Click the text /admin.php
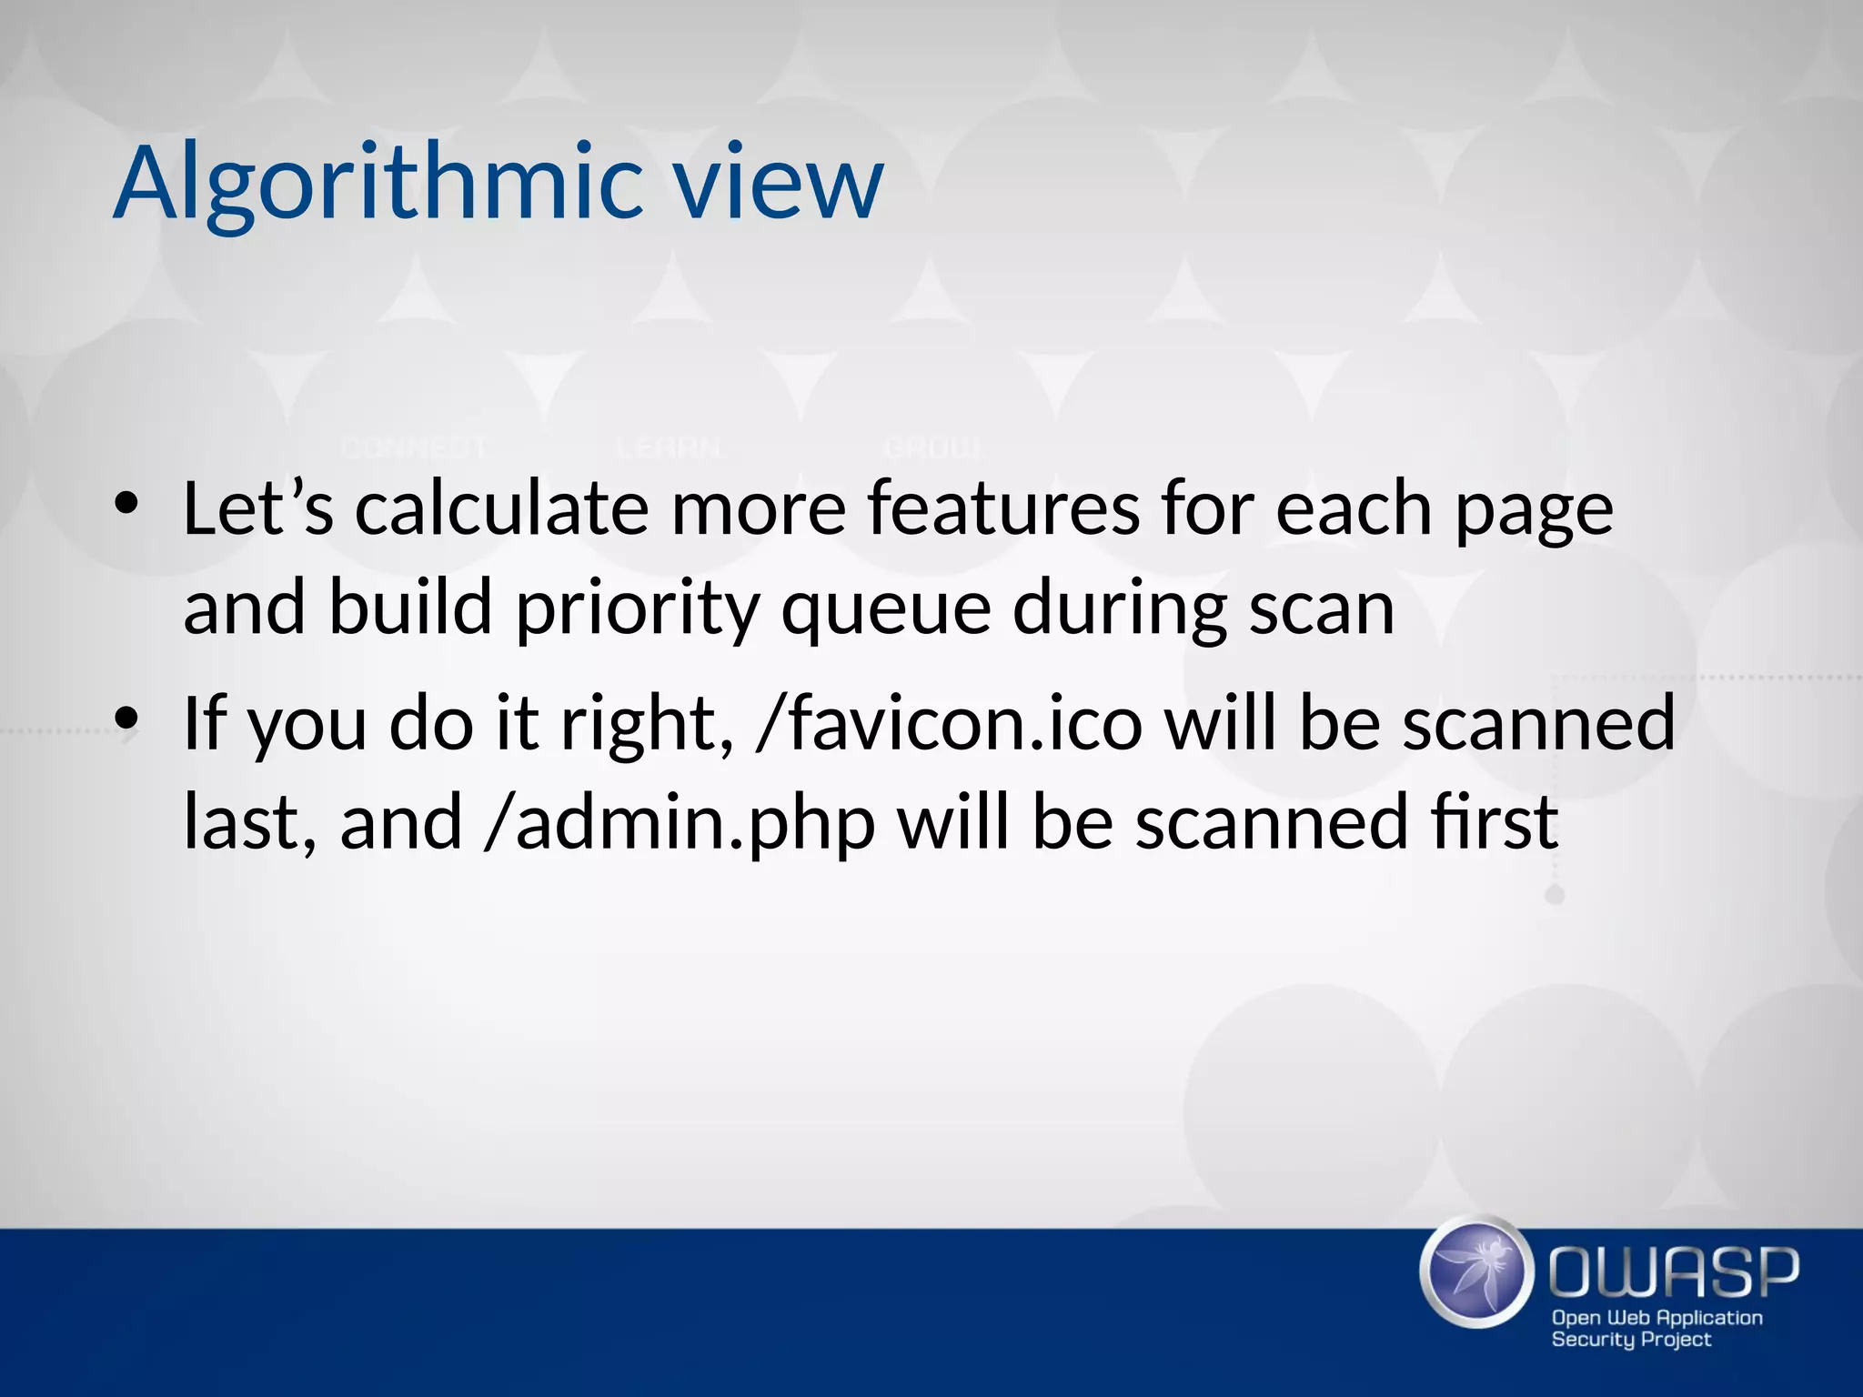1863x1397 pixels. [680, 823]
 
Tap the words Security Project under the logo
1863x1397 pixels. [1631, 1340]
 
